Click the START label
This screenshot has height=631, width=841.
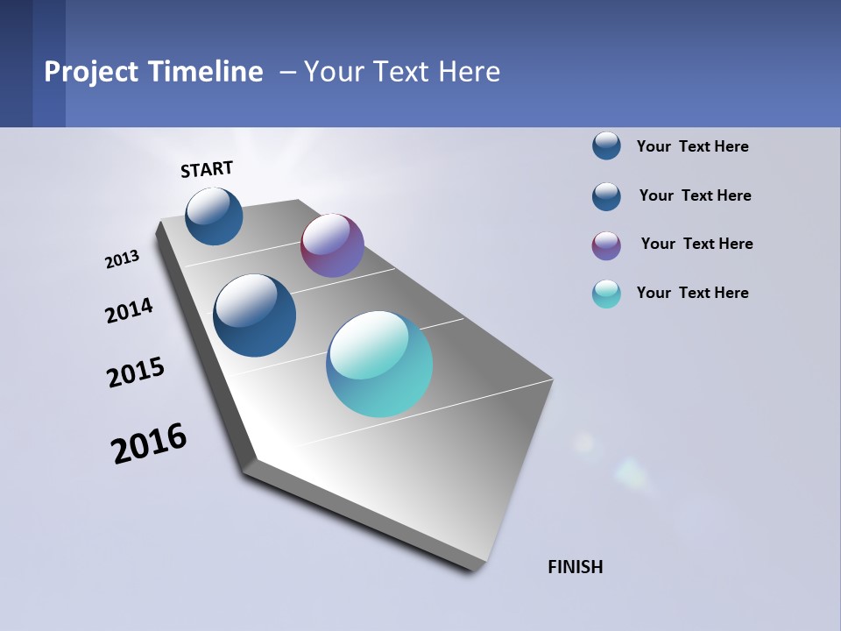207,169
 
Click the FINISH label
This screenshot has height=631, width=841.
575,567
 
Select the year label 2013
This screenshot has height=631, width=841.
123,259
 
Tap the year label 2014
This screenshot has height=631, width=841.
129,310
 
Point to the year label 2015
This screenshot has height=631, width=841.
136,372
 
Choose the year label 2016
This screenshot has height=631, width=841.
149,443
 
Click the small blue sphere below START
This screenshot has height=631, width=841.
214,216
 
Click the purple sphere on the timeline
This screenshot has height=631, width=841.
332,245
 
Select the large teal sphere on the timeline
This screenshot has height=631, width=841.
379,364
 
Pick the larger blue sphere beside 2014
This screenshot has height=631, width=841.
255,315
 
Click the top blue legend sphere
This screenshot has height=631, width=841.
606,146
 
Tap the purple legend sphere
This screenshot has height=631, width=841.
606,245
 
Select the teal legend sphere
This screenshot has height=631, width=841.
606,294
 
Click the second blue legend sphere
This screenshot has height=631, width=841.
606,196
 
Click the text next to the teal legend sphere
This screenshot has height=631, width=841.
692,293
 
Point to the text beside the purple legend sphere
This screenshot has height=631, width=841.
696,244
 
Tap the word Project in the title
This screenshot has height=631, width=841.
91,72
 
